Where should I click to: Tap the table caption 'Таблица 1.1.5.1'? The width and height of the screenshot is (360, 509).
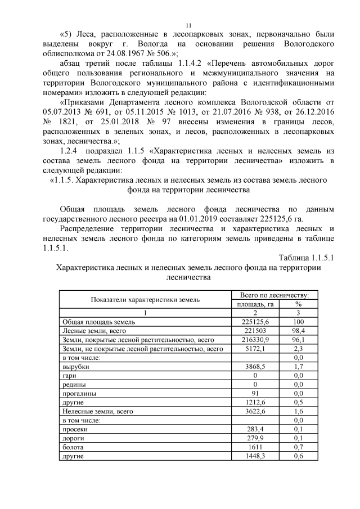click(306, 257)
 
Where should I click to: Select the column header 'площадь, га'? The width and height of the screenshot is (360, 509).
click(255, 304)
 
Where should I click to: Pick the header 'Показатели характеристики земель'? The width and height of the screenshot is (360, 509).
click(146, 299)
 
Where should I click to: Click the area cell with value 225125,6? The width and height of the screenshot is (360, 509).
click(255, 321)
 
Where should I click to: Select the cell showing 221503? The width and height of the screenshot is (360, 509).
click(255, 331)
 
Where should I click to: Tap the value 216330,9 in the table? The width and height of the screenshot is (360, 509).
click(255, 340)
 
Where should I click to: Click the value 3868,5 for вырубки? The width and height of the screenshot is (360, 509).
click(255, 366)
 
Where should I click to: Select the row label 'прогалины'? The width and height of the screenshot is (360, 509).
click(79, 393)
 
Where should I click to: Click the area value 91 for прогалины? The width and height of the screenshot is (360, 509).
click(255, 393)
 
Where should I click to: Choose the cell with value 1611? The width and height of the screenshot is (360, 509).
click(255, 447)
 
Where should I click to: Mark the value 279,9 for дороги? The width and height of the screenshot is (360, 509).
click(255, 438)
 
